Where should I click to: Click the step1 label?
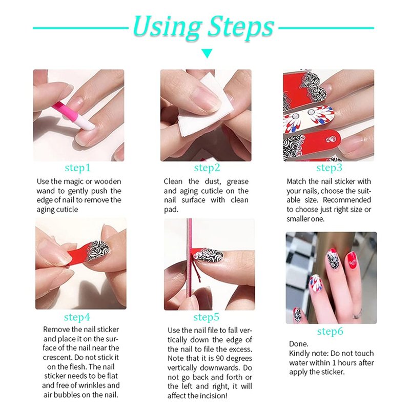click(78, 168)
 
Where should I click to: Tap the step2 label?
click(207, 168)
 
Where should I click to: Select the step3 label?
click(329, 168)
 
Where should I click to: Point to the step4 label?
click(77, 317)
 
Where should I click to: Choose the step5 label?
click(207, 317)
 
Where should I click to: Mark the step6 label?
click(330, 331)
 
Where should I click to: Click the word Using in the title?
click(167, 27)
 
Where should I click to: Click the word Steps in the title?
click(240, 28)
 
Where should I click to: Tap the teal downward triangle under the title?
click(207, 53)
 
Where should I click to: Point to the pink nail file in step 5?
click(190, 264)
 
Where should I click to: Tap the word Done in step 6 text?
click(299, 344)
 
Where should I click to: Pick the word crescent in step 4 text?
click(57, 357)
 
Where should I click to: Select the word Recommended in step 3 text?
click(347, 200)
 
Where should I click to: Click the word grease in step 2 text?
click(237, 182)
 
